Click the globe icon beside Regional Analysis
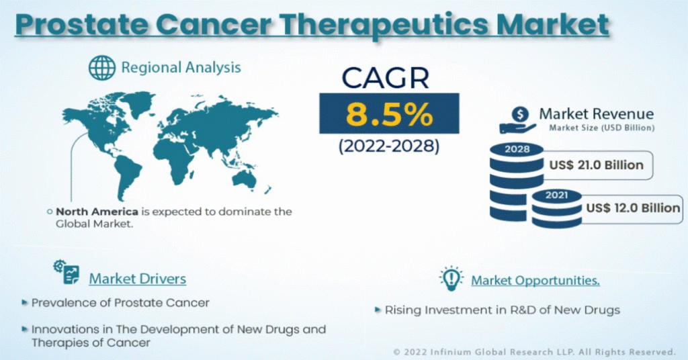(x=102, y=68)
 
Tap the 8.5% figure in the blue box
(x=389, y=114)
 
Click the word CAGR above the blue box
(x=385, y=78)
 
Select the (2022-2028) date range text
(x=389, y=146)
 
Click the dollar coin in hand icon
(x=518, y=121)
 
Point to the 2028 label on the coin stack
(x=517, y=149)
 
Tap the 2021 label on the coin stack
(x=556, y=195)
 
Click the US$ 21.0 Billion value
(x=597, y=165)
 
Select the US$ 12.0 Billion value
(x=633, y=208)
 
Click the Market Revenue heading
(x=597, y=114)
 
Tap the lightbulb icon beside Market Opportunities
(x=451, y=278)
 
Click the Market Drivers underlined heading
(x=137, y=279)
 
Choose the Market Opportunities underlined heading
(x=535, y=280)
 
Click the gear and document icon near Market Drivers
(x=67, y=272)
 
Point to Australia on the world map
(x=244, y=179)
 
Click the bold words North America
(x=97, y=212)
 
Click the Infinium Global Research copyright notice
(x=534, y=352)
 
